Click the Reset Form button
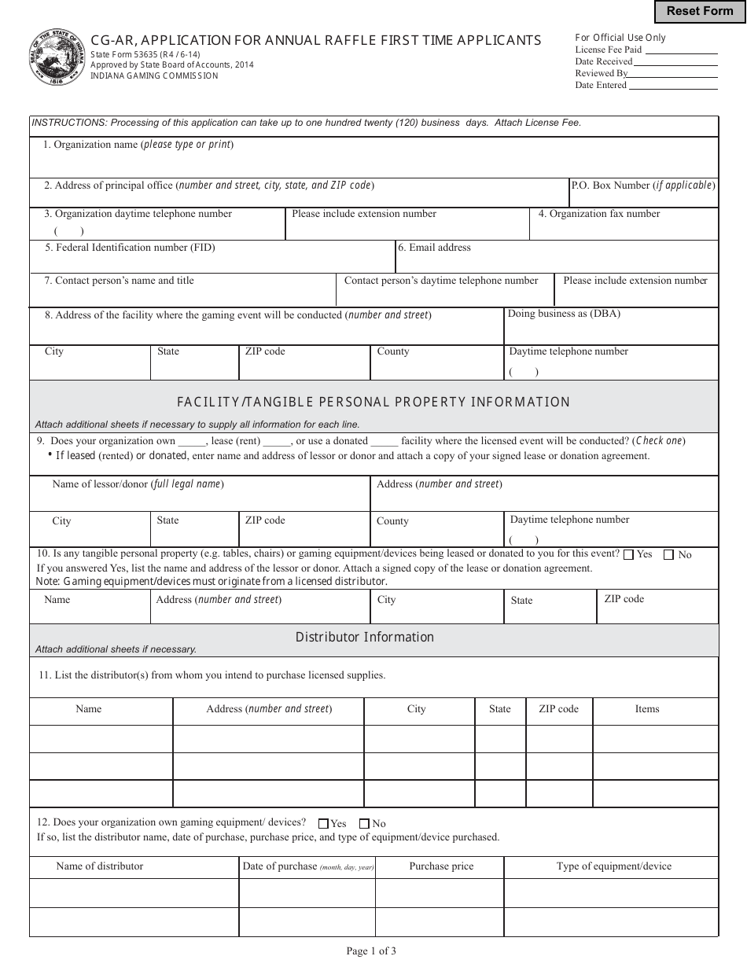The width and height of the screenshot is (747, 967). tap(700, 11)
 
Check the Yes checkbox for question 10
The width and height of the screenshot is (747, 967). tap(628, 554)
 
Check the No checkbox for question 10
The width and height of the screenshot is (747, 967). tap(668, 554)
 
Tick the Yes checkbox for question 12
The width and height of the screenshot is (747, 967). tap(323, 824)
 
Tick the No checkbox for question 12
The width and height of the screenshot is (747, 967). tap(364, 824)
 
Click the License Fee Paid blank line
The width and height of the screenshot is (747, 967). tap(681, 50)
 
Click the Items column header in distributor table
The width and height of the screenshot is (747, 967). tap(647, 709)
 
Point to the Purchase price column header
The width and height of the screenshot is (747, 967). tap(441, 866)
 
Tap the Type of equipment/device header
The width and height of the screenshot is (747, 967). tap(613, 866)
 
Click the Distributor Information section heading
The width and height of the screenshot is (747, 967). tap(364, 637)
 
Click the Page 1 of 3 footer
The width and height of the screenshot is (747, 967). tap(371, 951)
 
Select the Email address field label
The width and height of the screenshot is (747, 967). tap(434, 248)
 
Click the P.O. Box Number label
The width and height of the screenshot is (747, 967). tap(642, 186)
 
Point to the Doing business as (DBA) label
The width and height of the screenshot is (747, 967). tap(564, 314)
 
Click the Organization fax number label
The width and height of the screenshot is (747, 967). tap(599, 214)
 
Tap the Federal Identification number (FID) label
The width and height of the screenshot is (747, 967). tap(130, 248)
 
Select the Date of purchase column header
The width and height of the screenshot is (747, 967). tap(307, 866)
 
